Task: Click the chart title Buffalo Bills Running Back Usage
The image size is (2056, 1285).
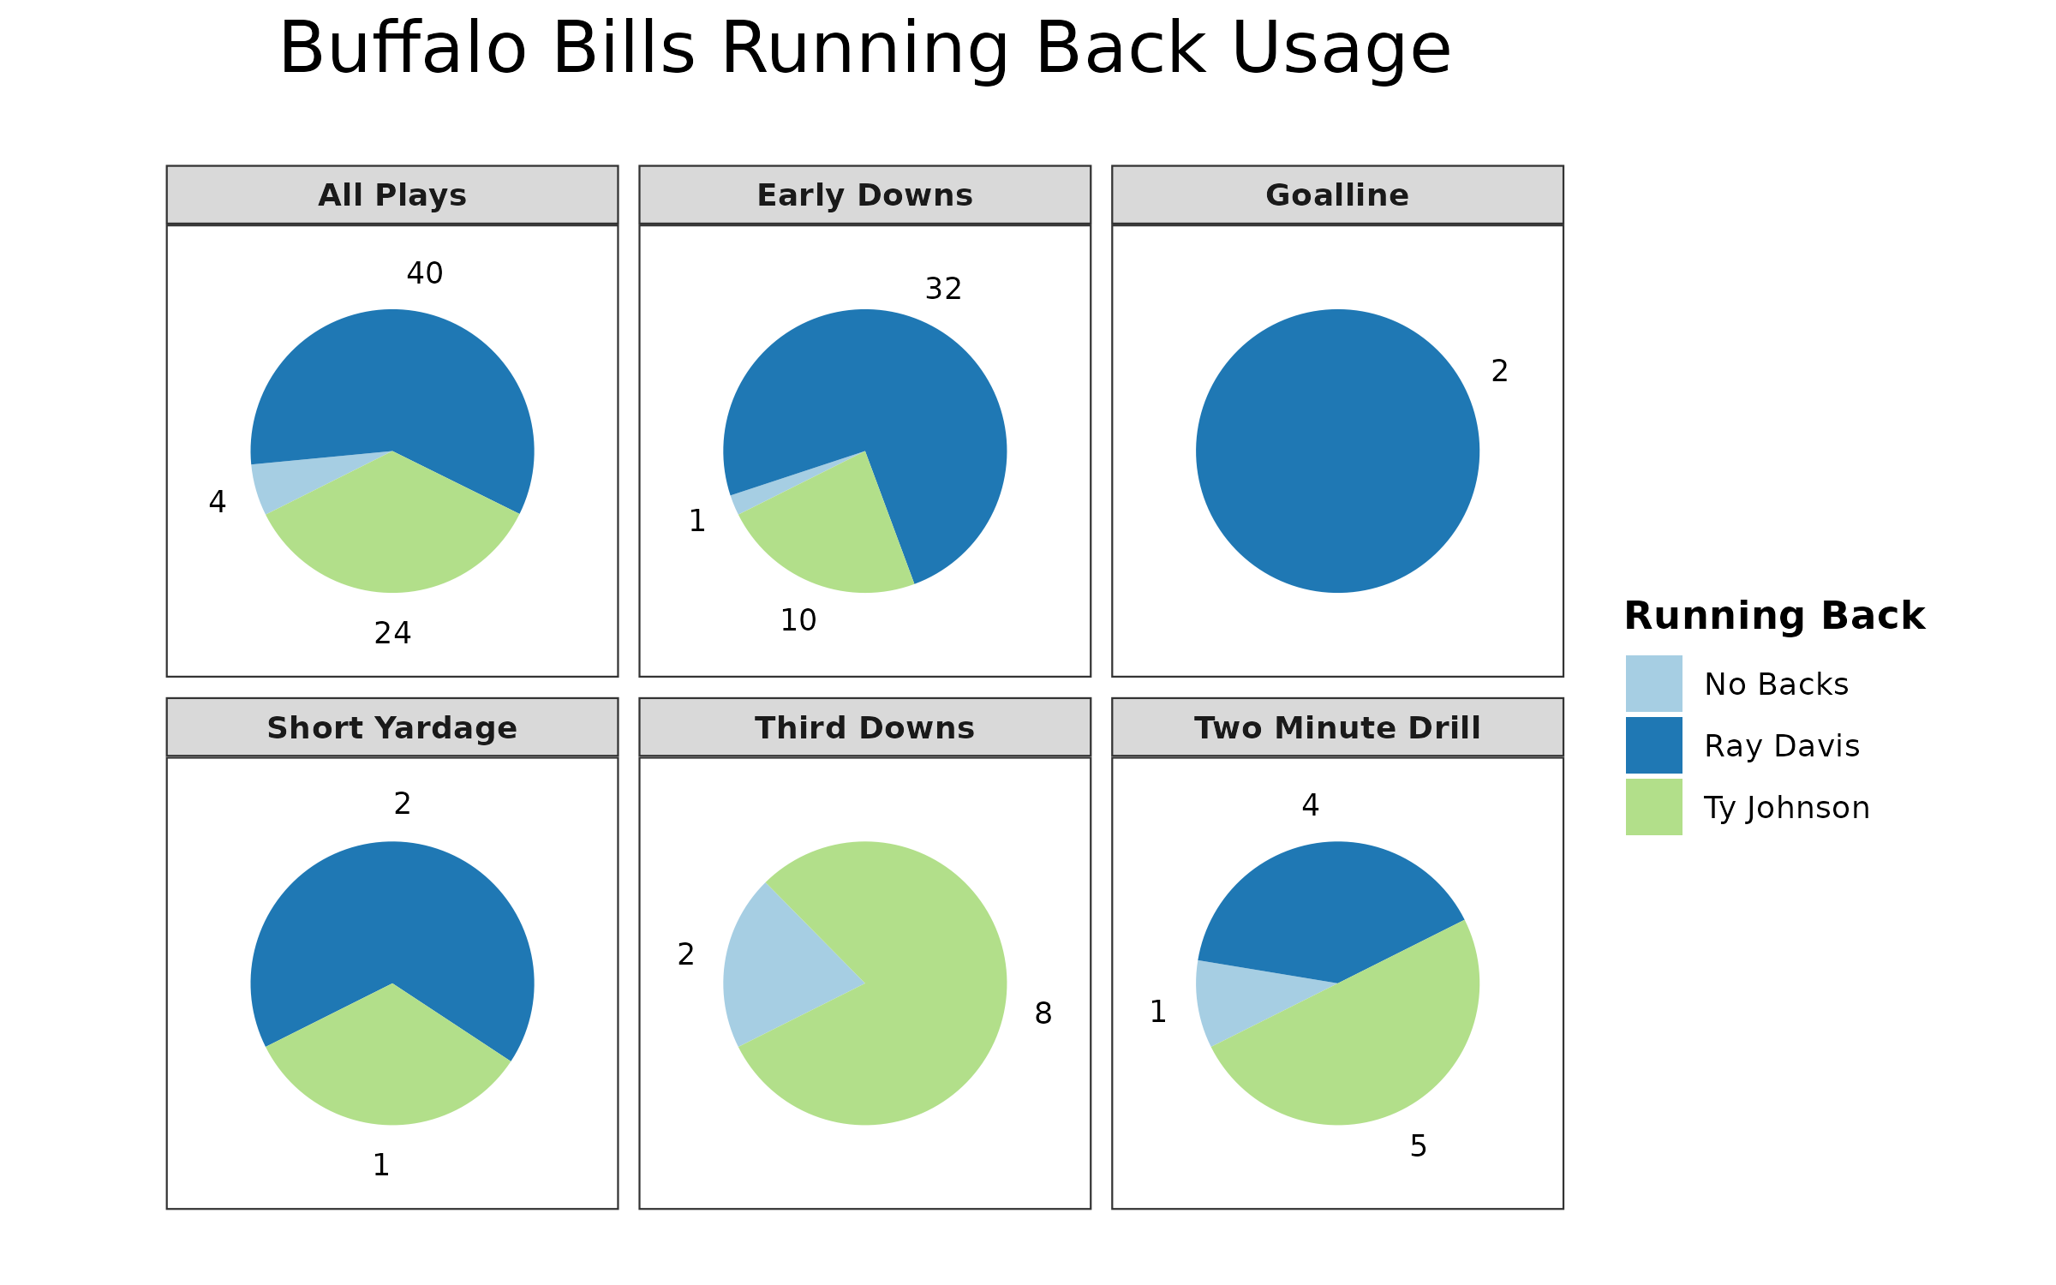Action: (865, 49)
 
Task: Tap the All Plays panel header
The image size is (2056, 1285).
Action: (392, 195)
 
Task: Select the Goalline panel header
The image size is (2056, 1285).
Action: (1337, 195)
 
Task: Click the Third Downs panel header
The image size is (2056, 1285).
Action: (865, 727)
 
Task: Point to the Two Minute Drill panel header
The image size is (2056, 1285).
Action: (1337, 727)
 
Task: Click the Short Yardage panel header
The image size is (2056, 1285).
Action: (392, 727)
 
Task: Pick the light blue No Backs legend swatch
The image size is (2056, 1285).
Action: (1653, 684)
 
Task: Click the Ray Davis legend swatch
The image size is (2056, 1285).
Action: (1653, 745)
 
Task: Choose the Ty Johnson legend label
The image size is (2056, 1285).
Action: (1787, 808)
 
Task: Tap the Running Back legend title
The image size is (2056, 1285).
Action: (1774, 616)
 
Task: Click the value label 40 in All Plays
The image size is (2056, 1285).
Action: (425, 273)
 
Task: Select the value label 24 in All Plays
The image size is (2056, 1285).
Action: (393, 633)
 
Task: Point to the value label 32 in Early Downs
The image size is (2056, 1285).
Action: (943, 289)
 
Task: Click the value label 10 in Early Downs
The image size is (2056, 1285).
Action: (798, 620)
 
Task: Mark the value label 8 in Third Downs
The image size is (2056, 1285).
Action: (1043, 1013)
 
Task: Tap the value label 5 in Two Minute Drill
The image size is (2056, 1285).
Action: (1419, 1146)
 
